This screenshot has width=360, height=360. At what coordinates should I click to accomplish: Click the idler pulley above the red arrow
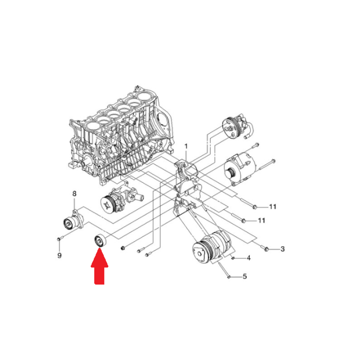coord(100,240)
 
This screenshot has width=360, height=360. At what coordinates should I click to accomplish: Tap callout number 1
coord(186,146)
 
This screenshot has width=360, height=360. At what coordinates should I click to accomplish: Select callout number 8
coord(74,194)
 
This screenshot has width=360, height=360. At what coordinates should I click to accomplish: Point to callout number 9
coord(59,255)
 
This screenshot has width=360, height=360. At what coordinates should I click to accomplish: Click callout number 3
coord(282,249)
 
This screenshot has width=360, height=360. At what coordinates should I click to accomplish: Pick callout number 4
coord(249,258)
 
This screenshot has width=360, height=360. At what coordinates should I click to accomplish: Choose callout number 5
coord(245,276)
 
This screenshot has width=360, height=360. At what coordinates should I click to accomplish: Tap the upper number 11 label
coord(273,207)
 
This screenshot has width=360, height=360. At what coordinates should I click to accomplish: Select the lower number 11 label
coord(261,220)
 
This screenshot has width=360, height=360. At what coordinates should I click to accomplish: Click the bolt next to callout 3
coord(266,249)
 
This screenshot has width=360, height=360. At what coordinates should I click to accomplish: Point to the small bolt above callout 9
coord(59,239)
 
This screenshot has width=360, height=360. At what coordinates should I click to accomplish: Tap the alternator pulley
coord(230,174)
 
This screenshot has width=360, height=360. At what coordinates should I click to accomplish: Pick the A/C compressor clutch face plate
coord(199,253)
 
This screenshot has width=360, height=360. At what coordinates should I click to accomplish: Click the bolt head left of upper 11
coord(254,207)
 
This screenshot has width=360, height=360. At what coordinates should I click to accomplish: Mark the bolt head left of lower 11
coord(244,221)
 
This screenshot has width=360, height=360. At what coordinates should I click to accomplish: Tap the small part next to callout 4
coord(233,258)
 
